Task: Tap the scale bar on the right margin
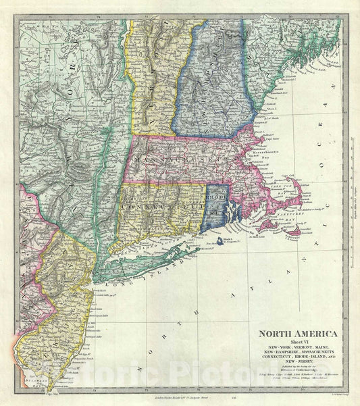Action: [x=346, y=203]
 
